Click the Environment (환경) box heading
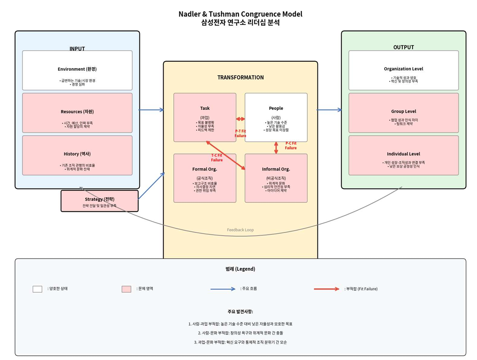coord(77,69)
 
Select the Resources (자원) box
coord(77,113)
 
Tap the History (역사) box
coord(77,156)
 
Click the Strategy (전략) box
coord(100,201)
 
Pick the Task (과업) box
coord(205,117)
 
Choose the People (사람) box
coord(276,117)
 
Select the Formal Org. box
coord(205,178)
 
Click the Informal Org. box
coord(276,178)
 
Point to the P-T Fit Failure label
coord(240,134)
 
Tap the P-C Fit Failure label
coord(291,146)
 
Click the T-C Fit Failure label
coord(217,158)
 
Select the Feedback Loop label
coord(240,230)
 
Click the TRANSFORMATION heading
coord(240,78)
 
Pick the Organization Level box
coord(403,70)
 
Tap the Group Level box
coord(403,113)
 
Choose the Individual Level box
coord(403,156)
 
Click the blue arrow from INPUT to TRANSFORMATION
coord(151,110)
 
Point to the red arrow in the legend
coord(326,289)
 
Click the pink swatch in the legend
coord(126,289)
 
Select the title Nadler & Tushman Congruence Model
coord(240,14)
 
